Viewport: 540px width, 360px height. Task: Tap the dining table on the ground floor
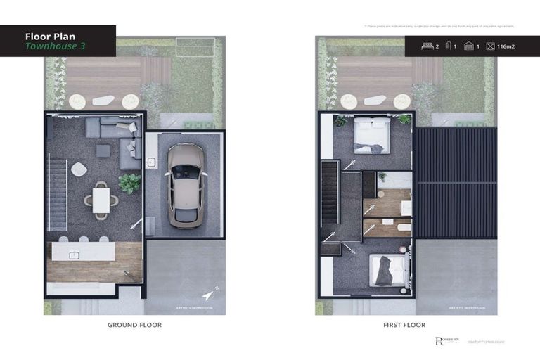pos(101,199)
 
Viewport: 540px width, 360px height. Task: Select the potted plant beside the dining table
pos(129,184)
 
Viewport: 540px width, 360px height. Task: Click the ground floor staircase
pos(57,194)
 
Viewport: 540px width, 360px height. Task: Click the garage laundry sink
pos(150,162)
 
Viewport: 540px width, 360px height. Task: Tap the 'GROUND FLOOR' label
pos(134,325)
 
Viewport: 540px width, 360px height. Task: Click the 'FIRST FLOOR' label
pos(405,325)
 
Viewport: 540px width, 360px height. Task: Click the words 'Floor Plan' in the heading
pos(50,36)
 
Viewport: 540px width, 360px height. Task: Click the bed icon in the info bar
pos(426,46)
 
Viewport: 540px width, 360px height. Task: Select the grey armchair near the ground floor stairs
pos(79,169)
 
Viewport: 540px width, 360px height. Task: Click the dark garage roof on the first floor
pos(454,183)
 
